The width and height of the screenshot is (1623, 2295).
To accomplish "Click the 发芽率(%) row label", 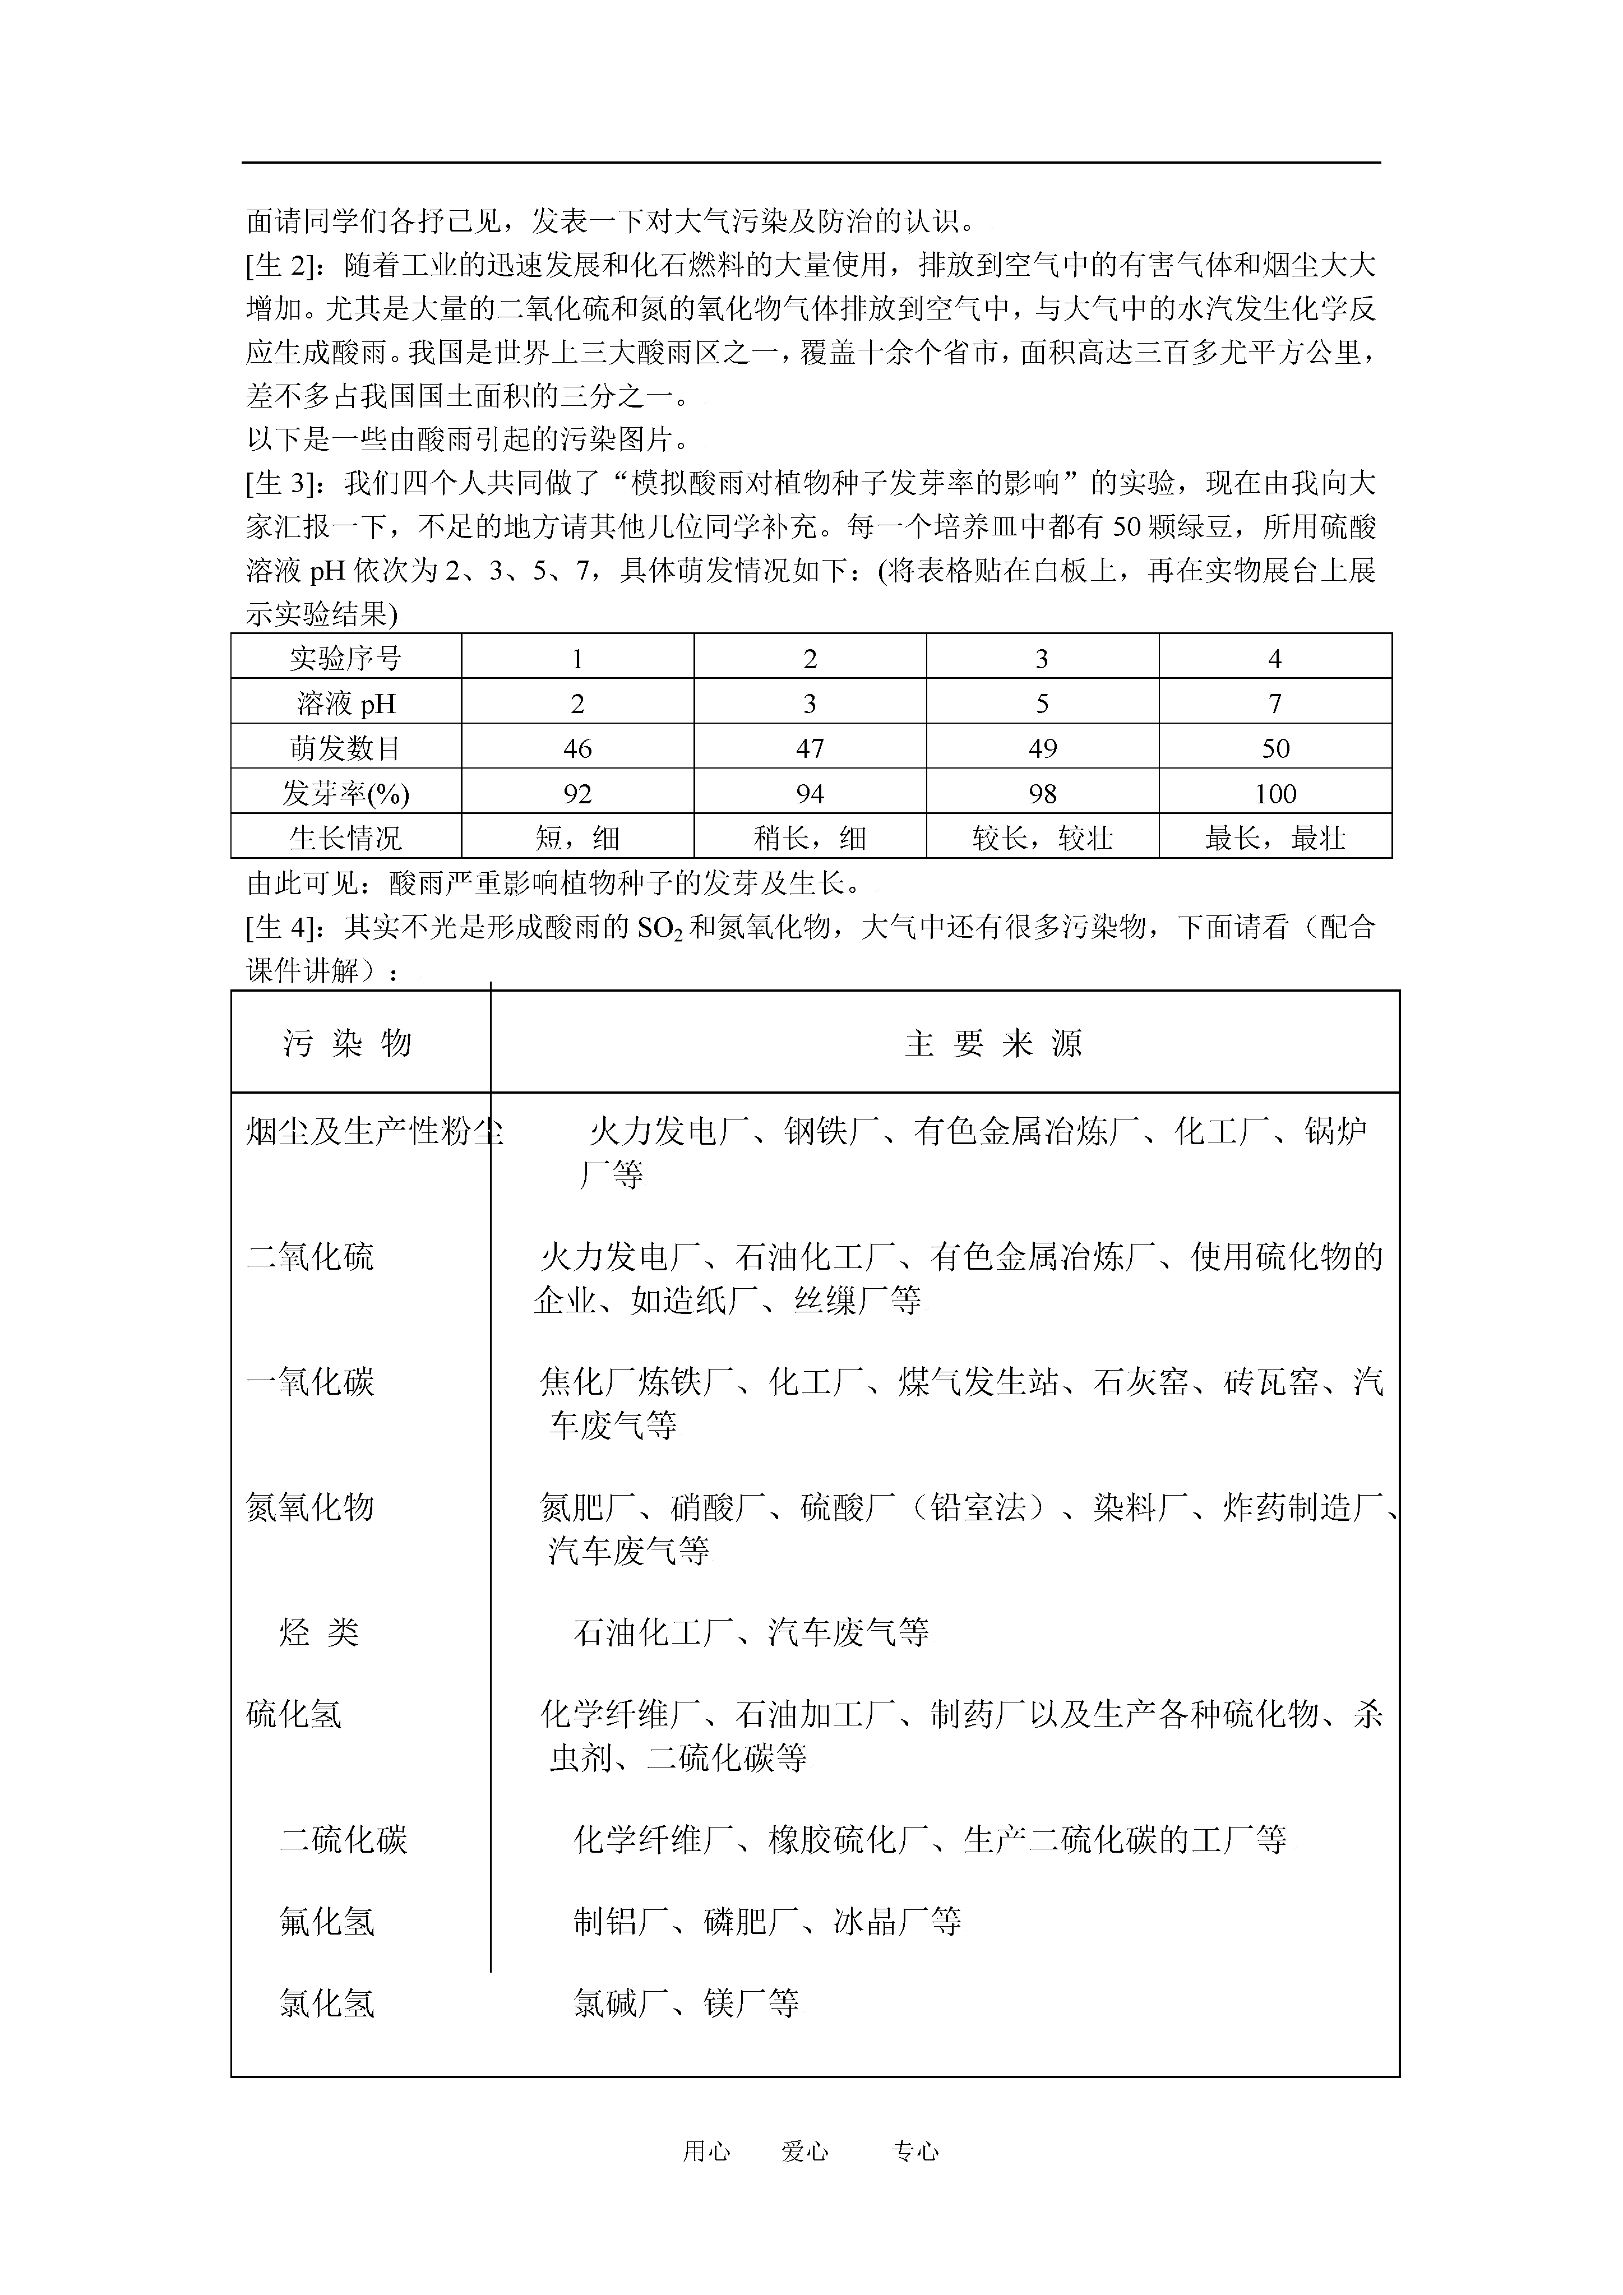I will click(x=346, y=794).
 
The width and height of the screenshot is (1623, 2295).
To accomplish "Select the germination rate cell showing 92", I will click(x=577, y=794).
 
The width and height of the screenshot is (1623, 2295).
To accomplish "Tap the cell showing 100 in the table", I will click(x=1275, y=794).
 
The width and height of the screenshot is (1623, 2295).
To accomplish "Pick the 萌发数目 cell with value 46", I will click(x=577, y=749).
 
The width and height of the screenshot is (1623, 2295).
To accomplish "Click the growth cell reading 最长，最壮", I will click(x=1275, y=838).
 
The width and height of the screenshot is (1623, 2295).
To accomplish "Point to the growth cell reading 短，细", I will click(x=577, y=838).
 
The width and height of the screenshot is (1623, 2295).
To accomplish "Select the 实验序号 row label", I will click(x=346, y=659).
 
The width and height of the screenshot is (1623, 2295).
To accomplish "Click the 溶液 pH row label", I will click(x=346, y=704).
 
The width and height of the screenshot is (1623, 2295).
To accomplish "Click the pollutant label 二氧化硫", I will click(x=310, y=1256).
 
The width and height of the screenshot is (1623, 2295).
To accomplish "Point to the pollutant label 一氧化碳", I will click(x=310, y=1381).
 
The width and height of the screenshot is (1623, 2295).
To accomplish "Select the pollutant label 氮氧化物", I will click(x=310, y=1506).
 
